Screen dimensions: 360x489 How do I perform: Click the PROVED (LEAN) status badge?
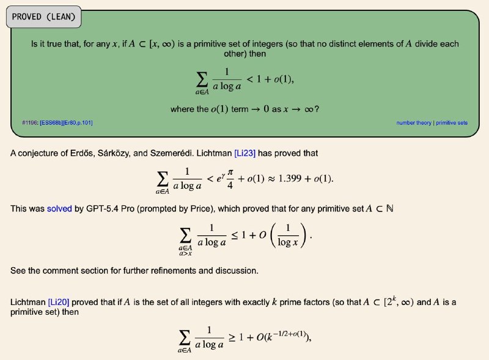coord(43,17)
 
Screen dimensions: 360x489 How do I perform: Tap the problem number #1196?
coord(30,123)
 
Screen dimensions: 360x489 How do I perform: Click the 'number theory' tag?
coord(414,123)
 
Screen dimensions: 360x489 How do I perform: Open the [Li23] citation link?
coord(244,153)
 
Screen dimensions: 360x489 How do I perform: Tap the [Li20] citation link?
coord(58,302)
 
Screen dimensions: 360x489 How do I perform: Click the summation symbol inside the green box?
coord(201,78)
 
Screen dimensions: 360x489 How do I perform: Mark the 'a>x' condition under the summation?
coord(184,253)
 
